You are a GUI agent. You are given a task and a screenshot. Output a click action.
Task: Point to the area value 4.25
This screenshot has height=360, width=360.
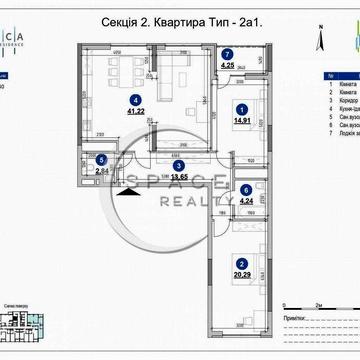pos(228,66)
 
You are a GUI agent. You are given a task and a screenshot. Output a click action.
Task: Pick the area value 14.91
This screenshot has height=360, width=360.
pos(241,122)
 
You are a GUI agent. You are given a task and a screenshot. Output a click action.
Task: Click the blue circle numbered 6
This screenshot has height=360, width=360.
pos(246,189)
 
